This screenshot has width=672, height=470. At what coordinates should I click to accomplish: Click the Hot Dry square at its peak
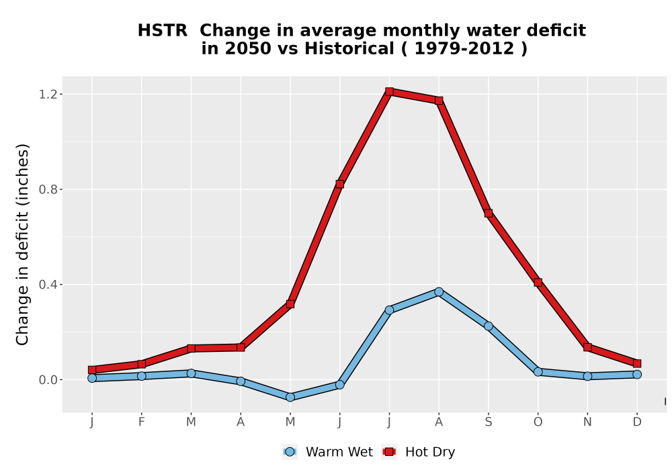tap(389, 91)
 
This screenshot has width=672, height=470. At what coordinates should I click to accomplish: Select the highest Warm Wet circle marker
tap(439, 292)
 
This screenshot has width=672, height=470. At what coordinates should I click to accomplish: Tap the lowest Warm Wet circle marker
tap(290, 397)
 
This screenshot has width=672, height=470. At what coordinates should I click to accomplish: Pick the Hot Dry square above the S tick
tap(488, 213)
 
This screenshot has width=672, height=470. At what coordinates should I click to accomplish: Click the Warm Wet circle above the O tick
tap(538, 372)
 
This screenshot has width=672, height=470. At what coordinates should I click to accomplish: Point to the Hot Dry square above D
tap(637, 363)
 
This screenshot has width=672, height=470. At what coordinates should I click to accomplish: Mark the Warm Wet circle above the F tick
tap(141, 376)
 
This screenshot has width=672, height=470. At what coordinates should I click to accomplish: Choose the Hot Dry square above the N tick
tap(587, 347)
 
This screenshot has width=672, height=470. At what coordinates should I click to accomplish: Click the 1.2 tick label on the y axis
tap(48, 94)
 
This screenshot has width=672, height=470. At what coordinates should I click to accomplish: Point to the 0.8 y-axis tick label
tap(48, 189)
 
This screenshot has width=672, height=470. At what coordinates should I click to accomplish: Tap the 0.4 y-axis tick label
tap(48, 285)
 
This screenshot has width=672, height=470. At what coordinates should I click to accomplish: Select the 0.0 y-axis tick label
tap(48, 380)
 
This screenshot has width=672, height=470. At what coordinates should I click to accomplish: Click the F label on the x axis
tap(141, 422)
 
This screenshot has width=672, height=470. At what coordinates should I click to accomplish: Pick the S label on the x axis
tap(488, 422)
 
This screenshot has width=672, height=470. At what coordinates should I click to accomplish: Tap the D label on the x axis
tap(637, 422)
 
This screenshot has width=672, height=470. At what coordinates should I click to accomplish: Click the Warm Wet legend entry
tap(327, 452)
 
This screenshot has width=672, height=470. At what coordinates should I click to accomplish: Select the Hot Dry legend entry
tap(418, 452)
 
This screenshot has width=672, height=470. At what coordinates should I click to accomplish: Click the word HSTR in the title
tap(163, 30)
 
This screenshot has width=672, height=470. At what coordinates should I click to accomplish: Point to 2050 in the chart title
tap(248, 48)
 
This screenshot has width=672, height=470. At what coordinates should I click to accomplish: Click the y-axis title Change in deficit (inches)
tap(22, 244)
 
